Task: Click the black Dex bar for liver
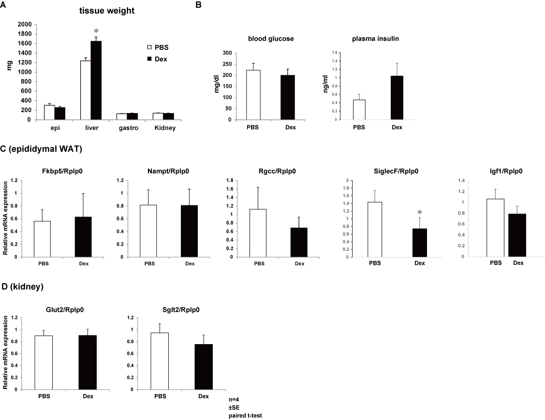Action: click(x=96, y=80)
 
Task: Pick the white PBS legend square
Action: click(x=149, y=48)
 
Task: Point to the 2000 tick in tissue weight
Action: click(x=24, y=24)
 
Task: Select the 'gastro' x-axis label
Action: click(x=126, y=128)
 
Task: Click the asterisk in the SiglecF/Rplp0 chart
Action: click(x=419, y=212)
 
